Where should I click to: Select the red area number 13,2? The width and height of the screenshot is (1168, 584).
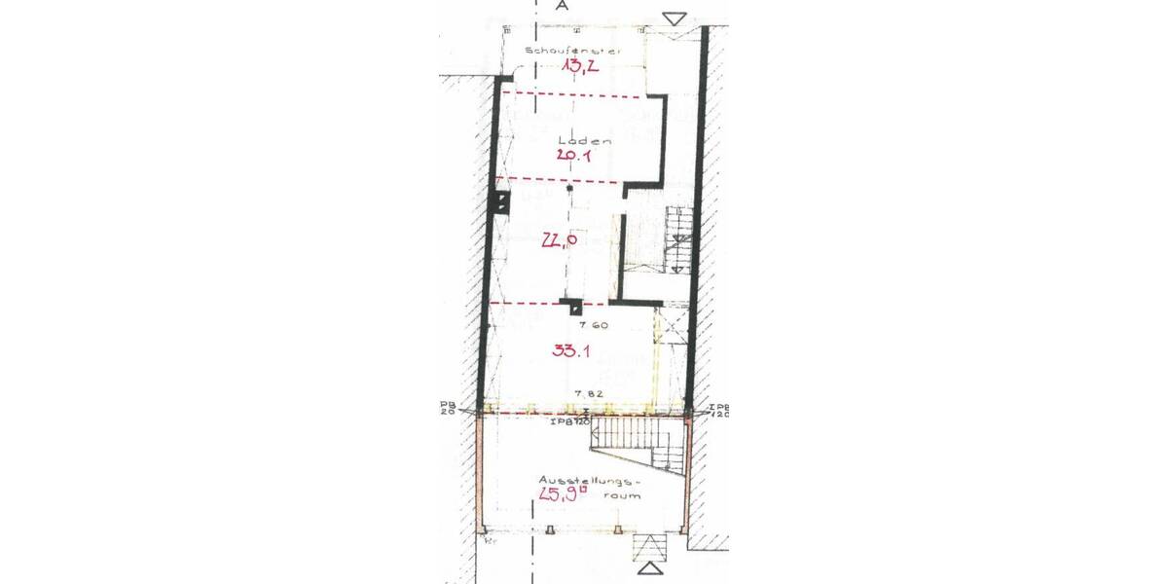[x=577, y=66]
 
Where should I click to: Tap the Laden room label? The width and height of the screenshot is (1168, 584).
[x=576, y=140]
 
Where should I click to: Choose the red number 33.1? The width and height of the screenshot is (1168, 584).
[x=567, y=351]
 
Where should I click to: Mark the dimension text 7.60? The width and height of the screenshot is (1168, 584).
[x=592, y=326]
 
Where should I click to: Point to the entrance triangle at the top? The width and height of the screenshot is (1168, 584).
[x=675, y=18]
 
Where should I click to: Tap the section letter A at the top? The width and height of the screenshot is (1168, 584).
[x=562, y=6]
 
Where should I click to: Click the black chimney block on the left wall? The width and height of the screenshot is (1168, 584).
[x=499, y=202]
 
